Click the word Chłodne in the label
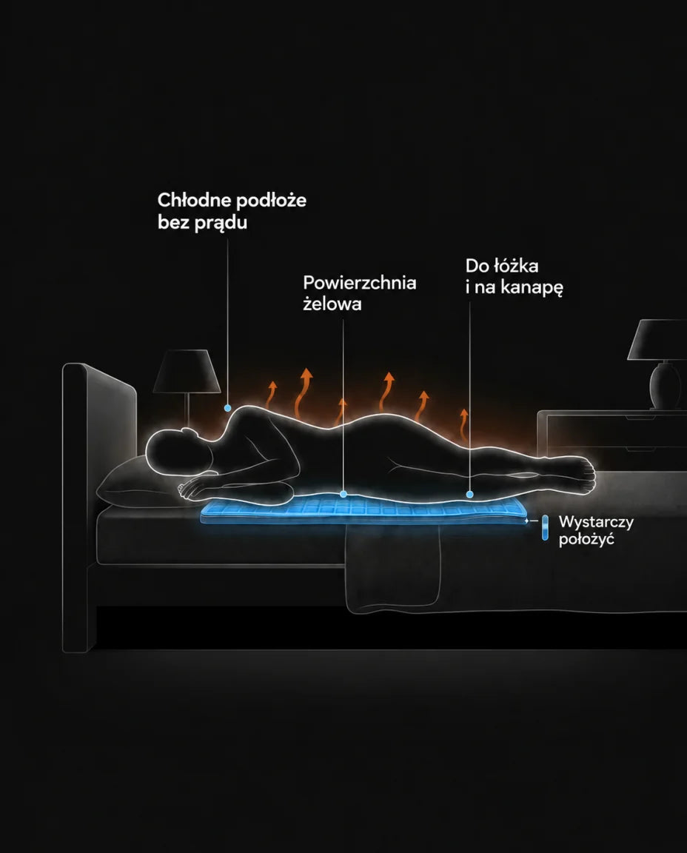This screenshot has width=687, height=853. tap(187, 200)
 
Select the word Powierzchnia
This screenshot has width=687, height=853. tap(360, 283)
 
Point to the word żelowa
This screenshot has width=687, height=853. tap(332, 304)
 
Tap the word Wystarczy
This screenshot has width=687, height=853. tap(596, 522)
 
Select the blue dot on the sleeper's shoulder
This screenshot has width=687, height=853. tap(227, 408)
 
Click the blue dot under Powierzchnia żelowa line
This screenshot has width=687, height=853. tap(343, 494)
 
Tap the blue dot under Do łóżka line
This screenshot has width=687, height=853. tap(469, 494)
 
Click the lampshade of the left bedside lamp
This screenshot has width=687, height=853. tap(187, 371)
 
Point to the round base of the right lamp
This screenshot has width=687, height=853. tap(665, 386)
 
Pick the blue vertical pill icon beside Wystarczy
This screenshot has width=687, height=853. tap(545, 527)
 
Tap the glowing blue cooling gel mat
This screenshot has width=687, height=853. tap(364, 512)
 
